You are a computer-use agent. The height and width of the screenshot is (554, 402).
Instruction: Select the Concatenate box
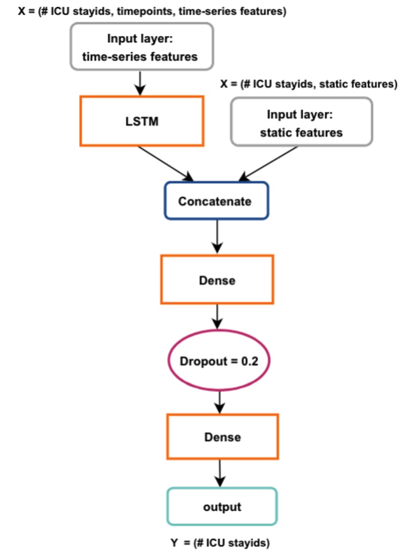click(x=215, y=201)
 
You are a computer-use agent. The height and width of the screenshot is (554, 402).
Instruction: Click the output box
click(x=221, y=507)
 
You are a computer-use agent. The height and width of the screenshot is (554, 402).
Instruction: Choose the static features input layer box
click(x=301, y=122)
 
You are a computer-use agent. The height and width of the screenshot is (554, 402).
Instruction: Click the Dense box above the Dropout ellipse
click(x=217, y=280)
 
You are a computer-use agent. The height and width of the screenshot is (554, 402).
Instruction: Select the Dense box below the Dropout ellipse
click(x=222, y=436)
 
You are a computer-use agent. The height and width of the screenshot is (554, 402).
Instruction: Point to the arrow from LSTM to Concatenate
click(x=165, y=163)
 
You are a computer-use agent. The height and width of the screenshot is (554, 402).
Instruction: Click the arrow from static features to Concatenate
click(x=268, y=163)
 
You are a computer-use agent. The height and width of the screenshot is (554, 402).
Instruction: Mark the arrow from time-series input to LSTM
click(x=140, y=82)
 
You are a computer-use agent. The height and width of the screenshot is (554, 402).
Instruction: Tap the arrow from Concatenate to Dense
click(x=217, y=237)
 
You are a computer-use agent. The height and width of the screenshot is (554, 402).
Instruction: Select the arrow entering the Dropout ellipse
click(x=217, y=318)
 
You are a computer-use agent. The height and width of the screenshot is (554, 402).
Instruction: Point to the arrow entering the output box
click(x=220, y=474)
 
